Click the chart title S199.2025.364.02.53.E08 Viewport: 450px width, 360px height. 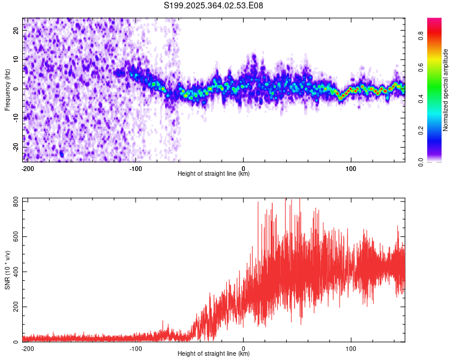pyautogui.click(x=214, y=5)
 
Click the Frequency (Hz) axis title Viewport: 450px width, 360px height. pyautogui.click(x=7, y=89)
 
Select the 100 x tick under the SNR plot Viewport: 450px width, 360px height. pyautogui.click(x=351, y=348)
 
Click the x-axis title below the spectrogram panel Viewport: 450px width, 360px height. pyautogui.click(x=214, y=174)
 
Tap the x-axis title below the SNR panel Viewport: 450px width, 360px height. pyautogui.click(x=214, y=354)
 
